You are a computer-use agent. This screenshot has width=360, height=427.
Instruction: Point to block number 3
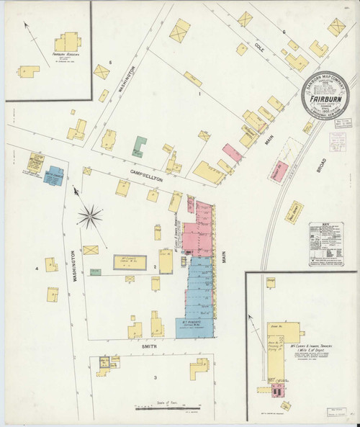click(155, 377)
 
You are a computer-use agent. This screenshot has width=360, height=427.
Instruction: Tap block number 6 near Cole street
click(284, 32)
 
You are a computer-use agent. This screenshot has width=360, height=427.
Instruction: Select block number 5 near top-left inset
click(110, 63)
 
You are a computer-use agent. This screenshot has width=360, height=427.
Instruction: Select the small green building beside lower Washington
click(96, 271)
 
